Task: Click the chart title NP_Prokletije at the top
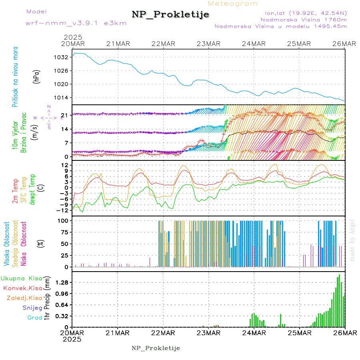pos(170,15)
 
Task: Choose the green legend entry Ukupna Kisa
pos(22,278)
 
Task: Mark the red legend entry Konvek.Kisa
pos(23,288)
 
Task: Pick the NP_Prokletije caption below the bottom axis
pos(156,348)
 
